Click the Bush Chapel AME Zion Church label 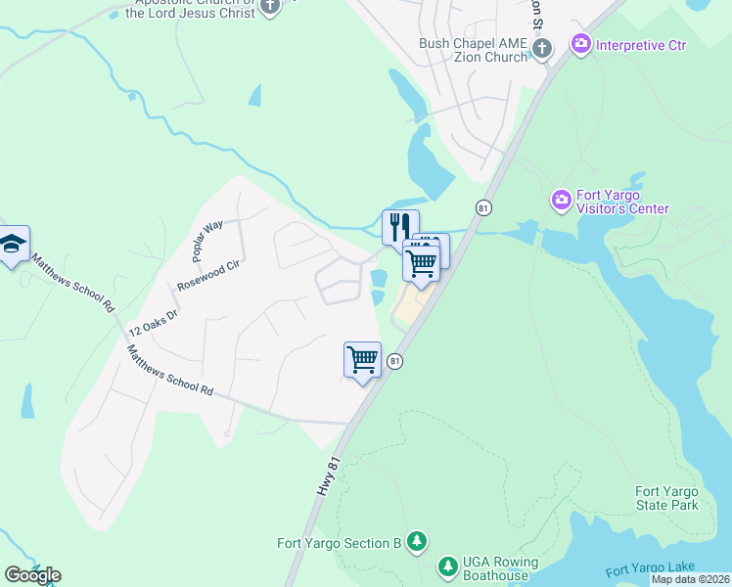click(x=473, y=50)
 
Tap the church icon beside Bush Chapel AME click(x=543, y=47)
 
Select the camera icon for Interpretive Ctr click(x=581, y=44)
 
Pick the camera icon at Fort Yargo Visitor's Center click(x=561, y=201)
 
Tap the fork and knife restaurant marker click(x=400, y=226)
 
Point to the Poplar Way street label click(x=207, y=240)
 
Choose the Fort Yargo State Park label click(x=666, y=498)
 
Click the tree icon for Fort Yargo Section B click(x=417, y=541)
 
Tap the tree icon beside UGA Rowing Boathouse click(x=447, y=566)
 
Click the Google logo click(x=32, y=574)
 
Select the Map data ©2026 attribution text click(x=690, y=579)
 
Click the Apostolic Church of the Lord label click(x=195, y=8)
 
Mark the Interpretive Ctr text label click(x=641, y=45)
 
